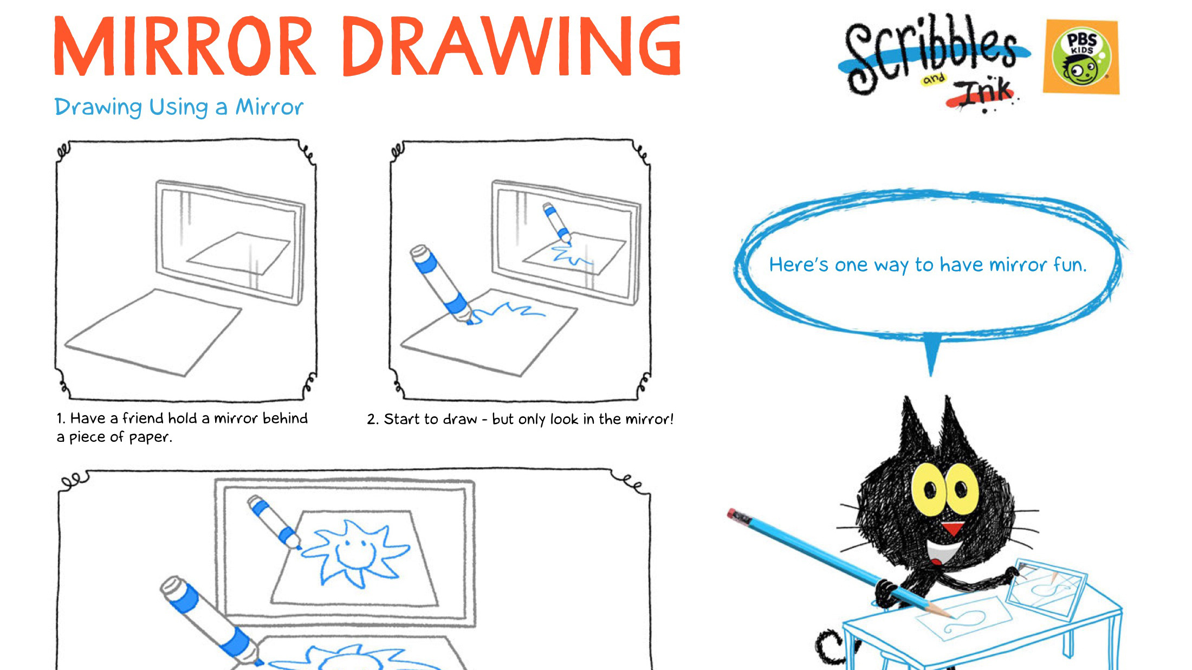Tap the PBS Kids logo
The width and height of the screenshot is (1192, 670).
pos(1081,57)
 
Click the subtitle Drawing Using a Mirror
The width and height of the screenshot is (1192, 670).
pos(179,107)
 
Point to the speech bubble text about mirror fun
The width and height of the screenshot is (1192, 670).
pos(928,265)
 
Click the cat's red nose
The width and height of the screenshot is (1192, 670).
pos(951,527)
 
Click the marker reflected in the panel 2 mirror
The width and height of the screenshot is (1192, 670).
pos(556,222)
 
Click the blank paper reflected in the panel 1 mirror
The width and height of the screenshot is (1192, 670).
pos(238,253)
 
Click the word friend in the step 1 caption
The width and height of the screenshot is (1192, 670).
pos(142,418)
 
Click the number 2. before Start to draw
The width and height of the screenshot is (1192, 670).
pos(372,420)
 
